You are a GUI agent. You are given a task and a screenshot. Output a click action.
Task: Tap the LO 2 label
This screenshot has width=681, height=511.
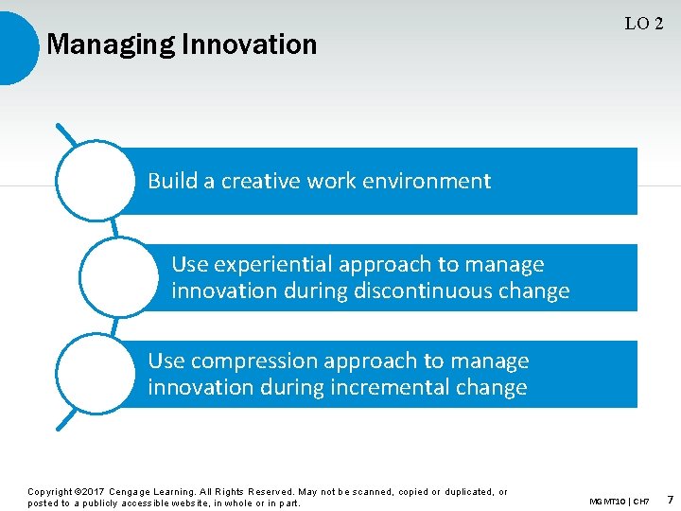tap(643, 25)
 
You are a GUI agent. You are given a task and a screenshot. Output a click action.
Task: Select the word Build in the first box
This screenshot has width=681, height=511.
tap(172, 181)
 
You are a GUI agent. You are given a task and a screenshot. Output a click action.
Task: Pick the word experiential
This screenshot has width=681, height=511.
tap(274, 265)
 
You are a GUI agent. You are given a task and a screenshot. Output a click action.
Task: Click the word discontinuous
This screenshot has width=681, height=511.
tap(415, 291)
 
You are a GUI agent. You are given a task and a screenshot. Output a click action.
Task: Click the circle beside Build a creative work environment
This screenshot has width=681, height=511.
tap(95, 181)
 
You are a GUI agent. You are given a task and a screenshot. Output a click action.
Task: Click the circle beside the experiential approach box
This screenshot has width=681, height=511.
tap(118, 277)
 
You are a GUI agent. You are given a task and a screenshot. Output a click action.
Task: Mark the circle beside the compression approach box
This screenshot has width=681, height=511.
tap(95, 374)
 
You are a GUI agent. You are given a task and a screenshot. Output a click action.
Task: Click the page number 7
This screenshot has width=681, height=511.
tap(670, 499)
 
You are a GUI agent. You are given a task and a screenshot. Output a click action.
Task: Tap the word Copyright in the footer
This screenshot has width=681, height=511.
tap(49, 492)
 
